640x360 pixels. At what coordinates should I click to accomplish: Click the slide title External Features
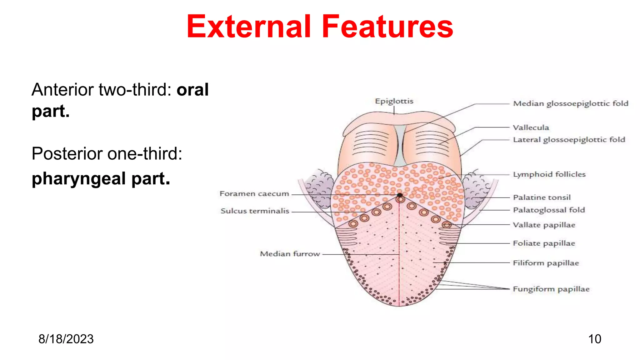320,27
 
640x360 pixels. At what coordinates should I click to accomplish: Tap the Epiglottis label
394,101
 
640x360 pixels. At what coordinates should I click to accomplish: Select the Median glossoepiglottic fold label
570,103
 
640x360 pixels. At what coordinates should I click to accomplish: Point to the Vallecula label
531,127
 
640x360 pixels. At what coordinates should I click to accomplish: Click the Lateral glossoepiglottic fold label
569,140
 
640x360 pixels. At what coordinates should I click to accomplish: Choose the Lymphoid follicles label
549,174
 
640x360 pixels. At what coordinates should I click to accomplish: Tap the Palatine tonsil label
542,197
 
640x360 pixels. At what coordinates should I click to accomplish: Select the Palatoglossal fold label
548,210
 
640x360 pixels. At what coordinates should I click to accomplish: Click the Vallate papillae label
544,225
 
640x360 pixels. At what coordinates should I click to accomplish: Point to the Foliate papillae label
544,243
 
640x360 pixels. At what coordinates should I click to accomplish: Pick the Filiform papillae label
546,263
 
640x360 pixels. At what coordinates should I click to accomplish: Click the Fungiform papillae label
551,289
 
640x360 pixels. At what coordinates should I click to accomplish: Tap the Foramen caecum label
254,194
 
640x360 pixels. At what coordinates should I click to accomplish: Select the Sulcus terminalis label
255,211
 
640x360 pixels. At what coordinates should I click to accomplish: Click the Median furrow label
290,254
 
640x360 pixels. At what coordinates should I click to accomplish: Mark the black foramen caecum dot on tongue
400,195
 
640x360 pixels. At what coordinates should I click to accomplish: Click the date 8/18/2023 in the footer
66,339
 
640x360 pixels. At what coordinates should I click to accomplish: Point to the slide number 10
594,339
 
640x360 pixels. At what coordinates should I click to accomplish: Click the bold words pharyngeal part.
101,179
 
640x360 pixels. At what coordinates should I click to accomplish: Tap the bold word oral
192,90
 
